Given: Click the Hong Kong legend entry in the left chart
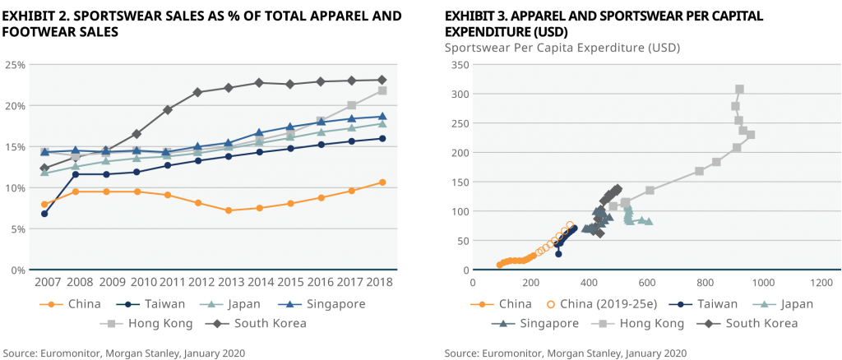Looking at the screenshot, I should pyautogui.click(x=149, y=323).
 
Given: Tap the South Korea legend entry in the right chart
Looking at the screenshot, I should pyautogui.click(x=748, y=323).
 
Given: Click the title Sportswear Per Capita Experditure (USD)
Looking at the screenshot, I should pyautogui.click(x=562, y=47).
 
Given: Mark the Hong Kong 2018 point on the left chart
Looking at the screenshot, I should pyautogui.click(x=382, y=90).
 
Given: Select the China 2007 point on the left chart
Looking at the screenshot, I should pyautogui.click(x=44, y=204).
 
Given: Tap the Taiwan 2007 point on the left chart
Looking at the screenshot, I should pyautogui.click(x=44, y=214).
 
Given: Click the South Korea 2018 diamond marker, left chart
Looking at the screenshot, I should pyautogui.click(x=382, y=80).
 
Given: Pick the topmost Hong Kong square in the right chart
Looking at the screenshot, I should pyautogui.click(x=739, y=89).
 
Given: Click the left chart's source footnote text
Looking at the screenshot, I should pyautogui.click(x=123, y=353).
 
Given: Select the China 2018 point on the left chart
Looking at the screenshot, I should pyautogui.click(x=382, y=182).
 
